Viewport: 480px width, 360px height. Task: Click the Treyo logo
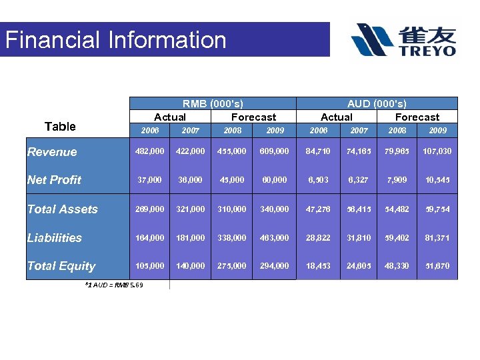pyautogui.click(x=404, y=40)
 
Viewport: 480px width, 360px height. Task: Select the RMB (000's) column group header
pyautogui.click(x=213, y=104)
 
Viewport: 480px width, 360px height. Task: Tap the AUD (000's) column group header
pyautogui.click(x=377, y=104)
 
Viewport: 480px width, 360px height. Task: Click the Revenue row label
pyautogui.click(x=52, y=152)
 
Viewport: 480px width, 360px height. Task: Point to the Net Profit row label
pyautogui.click(x=54, y=180)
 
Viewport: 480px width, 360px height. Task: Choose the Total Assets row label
pyautogui.click(x=62, y=209)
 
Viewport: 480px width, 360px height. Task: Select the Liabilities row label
pyautogui.click(x=55, y=238)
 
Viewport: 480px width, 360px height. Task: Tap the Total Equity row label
pyautogui.click(x=61, y=266)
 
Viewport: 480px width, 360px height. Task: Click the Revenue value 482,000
pyautogui.click(x=150, y=151)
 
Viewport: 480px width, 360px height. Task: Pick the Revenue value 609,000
pyautogui.click(x=275, y=151)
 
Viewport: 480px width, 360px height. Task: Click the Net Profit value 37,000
pyautogui.click(x=151, y=180)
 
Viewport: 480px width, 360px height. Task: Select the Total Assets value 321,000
pyautogui.click(x=190, y=209)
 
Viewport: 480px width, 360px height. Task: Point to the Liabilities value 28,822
pyautogui.click(x=319, y=238)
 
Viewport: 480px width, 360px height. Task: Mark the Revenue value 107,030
pyautogui.click(x=437, y=151)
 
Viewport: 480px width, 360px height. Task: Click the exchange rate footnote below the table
pyautogui.click(x=114, y=285)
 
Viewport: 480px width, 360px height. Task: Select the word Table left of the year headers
pyautogui.click(x=60, y=127)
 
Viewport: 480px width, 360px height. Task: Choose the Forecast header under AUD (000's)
pyautogui.click(x=417, y=117)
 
